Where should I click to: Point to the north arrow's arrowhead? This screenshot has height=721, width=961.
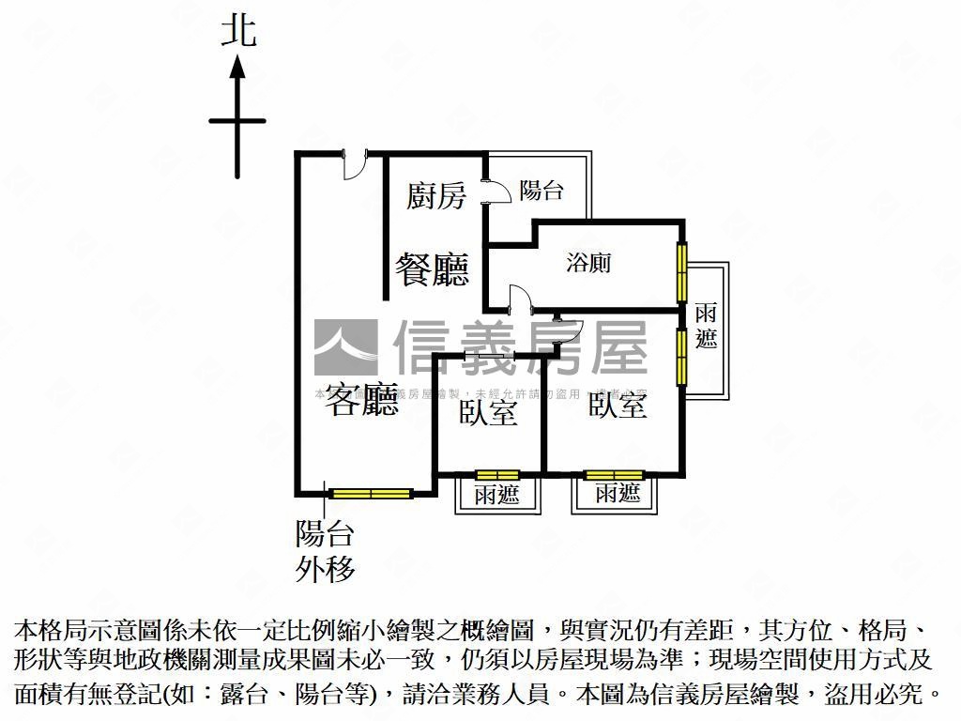pyautogui.click(x=237, y=68)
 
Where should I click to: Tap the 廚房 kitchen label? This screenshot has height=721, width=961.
pyautogui.click(x=435, y=196)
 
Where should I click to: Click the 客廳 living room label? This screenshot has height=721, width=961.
pyautogui.click(x=359, y=401)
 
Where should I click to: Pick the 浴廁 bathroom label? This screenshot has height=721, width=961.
pyautogui.click(x=588, y=264)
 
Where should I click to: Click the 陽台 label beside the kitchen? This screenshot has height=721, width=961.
pyautogui.click(x=542, y=191)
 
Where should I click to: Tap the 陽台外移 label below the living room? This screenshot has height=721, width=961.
pyautogui.click(x=325, y=552)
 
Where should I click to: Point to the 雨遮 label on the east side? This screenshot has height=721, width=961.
pyautogui.click(x=707, y=326)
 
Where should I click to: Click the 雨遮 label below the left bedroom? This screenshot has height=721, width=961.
pyautogui.click(x=496, y=495)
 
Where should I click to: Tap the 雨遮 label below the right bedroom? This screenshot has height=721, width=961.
pyautogui.click(x=618, y=493)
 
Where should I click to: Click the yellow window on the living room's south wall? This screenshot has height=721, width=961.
pyautogui.click(x=372, y=492)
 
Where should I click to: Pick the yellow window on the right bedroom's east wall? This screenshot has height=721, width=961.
pyautogui.click(x=682, y=357)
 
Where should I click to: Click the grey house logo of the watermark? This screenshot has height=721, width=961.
pyautogui.click(x=345, y=346)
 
